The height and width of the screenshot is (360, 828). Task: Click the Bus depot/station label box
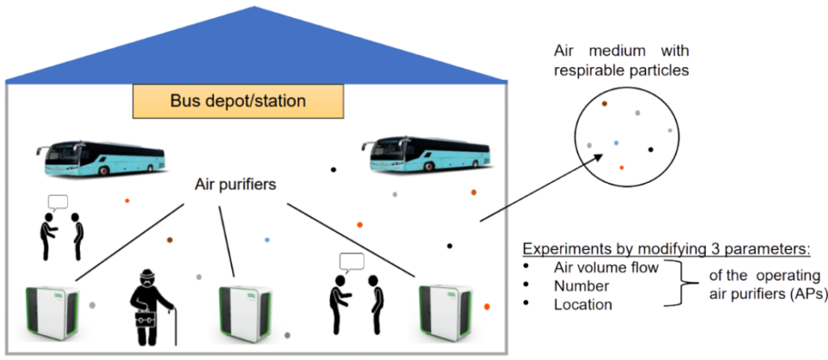click(x=238, y=103)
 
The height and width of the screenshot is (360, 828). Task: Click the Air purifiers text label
click(x=236, y=184)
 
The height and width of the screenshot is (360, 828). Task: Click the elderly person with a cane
click(x=150, y=306)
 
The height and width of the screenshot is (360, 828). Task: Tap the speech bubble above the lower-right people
click(x=352, y=261)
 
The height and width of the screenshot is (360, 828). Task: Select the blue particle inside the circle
click(x=616, y=143)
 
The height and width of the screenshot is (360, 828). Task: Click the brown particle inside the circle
click(x=604, y=104)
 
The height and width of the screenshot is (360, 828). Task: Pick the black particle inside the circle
click(x=651, y=149)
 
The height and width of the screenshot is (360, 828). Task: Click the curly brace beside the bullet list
click(x=680, y=286)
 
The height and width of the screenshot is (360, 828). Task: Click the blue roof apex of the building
click(x=257, y=10)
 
